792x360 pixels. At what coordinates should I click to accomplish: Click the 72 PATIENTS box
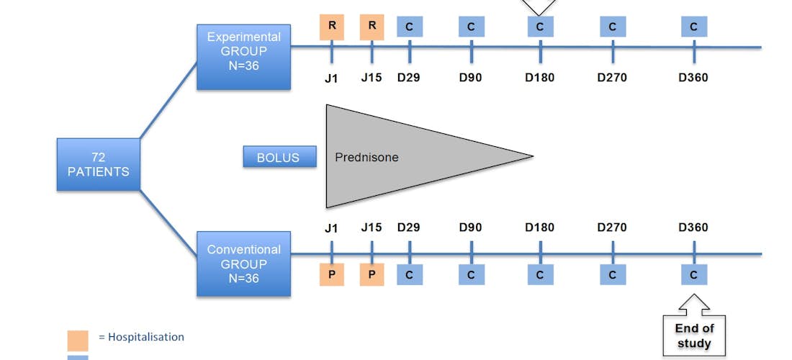tap(99, 164)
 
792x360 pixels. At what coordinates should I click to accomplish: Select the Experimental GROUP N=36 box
tap(243, 58)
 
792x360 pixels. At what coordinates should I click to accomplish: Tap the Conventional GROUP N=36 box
tap(243, 264)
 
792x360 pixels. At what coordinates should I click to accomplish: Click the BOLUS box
tap(279, 157)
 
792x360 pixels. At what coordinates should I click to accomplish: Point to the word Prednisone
tap(366, 157)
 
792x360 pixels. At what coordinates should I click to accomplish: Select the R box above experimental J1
tap(332, 27)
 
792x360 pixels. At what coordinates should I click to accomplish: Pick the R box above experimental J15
tap(372, 27)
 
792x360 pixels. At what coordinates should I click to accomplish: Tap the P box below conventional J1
tap(332, 274)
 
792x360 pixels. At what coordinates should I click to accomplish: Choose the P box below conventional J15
tap(372, 274)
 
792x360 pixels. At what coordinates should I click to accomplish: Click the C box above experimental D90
tap(472, 27)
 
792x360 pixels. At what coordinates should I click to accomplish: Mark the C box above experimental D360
tap(694, 27)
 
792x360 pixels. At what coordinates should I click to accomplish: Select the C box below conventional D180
tap(540, 274)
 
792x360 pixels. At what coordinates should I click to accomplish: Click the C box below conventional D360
tap(694, 274)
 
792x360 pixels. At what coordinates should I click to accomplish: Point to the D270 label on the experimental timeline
tap(612, 78)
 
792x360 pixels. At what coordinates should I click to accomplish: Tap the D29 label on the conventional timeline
tap(410, 228)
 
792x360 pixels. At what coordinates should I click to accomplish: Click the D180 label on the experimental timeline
tap(540, 78)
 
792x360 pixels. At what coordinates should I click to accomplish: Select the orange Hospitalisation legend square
tap(78, 340)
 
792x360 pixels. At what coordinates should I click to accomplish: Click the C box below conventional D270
tap(612, 274)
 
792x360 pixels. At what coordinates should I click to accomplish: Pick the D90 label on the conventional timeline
tap(472, 228)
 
